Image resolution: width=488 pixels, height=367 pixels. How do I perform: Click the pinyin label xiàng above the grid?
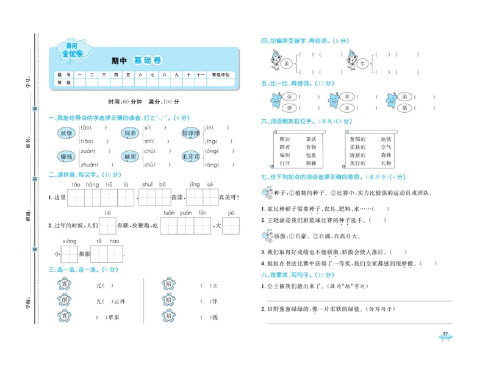pos(69,241)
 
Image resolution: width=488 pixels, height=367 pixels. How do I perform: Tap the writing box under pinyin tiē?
pos(107,226)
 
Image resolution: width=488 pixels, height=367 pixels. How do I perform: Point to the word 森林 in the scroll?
pos(386,155)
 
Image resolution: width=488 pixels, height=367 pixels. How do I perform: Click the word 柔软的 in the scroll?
pos(357,147)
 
